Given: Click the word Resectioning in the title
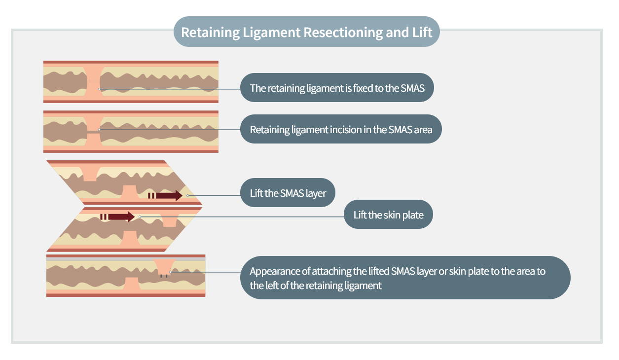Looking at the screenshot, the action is point(343,33).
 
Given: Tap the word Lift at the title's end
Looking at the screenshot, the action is point(422,32).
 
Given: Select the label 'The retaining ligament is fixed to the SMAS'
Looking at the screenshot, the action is point(337,88).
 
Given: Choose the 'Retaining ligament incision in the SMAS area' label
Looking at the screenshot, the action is point(341,129).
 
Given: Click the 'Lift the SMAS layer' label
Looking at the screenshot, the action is point(288,192).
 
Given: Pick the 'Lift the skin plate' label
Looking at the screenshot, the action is point(388,215).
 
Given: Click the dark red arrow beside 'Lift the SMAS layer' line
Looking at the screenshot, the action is point(165,196).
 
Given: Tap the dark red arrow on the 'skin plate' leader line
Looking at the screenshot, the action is point(117,216).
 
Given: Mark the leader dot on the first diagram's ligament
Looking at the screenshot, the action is point(99,89).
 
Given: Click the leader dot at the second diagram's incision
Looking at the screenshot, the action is point(99,130).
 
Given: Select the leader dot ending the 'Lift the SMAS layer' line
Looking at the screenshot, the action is point(187,196).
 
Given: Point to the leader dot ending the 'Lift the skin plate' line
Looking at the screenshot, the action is point(140,217).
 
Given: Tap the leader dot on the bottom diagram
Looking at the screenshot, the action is point(171,272).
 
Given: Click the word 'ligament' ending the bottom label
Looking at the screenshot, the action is point(363,286).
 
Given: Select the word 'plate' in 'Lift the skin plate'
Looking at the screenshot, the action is point(413,215).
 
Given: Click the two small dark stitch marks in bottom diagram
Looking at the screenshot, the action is point(164,276).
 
